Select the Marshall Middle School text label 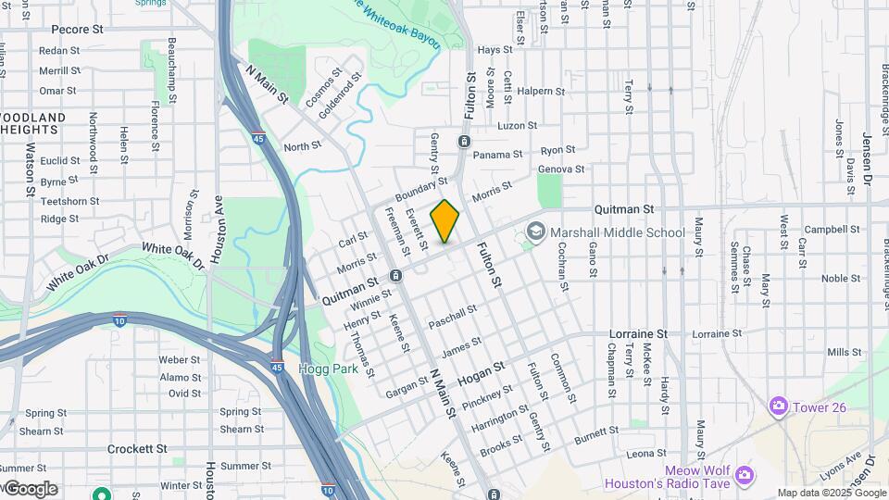pos(617,232)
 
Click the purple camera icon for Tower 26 pos(778,406)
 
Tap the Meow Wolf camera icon pos(745,476)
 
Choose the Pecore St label pos(77,30)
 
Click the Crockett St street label pos(135,448)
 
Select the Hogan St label pos(482,373)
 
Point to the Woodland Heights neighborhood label pos(33,124)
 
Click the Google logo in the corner pos(31,489)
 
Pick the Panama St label pos(498,155)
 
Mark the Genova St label pos(561,169)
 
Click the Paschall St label pos(452,318)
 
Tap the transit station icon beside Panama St pos(463,142)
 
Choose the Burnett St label pos(595,433)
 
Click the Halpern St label pos(543,92)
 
